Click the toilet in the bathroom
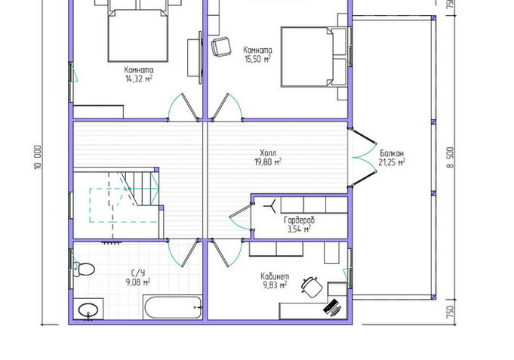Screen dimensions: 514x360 [85, 269]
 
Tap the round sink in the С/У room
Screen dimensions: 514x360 [88, 310]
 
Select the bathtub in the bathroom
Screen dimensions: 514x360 [172, 307]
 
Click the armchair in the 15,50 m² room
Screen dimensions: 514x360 [220, 46]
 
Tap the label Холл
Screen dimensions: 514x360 [268, 153]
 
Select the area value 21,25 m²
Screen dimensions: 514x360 [392, 162]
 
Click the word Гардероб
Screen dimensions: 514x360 [299, 220]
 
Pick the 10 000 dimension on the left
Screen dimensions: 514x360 [38, 158]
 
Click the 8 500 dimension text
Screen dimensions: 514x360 [451, 158]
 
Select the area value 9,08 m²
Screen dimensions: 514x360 [138, 282]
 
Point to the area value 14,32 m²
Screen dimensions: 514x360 [139, 78]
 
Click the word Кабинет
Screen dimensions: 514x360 [275, 276]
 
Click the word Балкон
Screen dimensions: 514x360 [392, 153]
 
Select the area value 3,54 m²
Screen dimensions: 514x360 [299, 229]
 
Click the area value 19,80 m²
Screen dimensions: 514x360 [268, 162]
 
